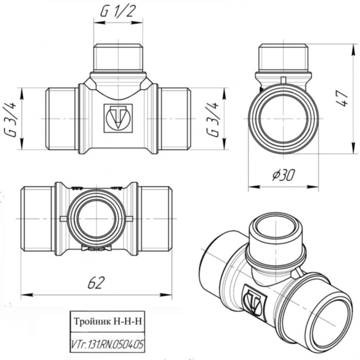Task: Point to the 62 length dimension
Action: pos(96,282)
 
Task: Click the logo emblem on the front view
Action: pos(118,118)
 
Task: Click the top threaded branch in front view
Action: pos(118,58)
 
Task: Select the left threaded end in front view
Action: pos(62,119)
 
